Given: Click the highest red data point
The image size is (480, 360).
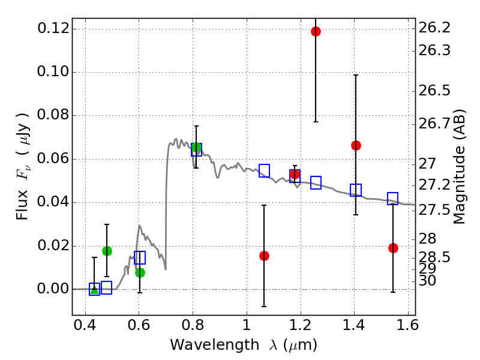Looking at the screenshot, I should pos(316,31).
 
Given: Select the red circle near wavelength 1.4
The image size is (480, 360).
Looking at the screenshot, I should pos(356,145).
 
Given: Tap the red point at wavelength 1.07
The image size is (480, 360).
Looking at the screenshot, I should pos(264,256).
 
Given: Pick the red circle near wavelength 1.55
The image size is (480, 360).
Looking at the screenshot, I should pos(393,248).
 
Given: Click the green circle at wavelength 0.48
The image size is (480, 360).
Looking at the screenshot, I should pos(107,251).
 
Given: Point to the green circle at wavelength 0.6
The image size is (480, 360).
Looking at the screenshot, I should pos(140,272).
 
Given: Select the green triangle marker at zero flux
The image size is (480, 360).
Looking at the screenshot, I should pos(94,289).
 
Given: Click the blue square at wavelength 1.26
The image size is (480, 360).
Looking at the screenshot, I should pos(316,182).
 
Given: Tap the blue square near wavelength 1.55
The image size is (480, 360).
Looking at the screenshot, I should pos(393,199).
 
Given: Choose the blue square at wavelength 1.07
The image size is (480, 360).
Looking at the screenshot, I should pos(264,170).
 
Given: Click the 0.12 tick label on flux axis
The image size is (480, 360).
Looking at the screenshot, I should pos(52,29).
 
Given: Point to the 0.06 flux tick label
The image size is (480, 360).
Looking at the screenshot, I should pos(52,159).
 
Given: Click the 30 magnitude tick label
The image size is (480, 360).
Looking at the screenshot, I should pos(430,280).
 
